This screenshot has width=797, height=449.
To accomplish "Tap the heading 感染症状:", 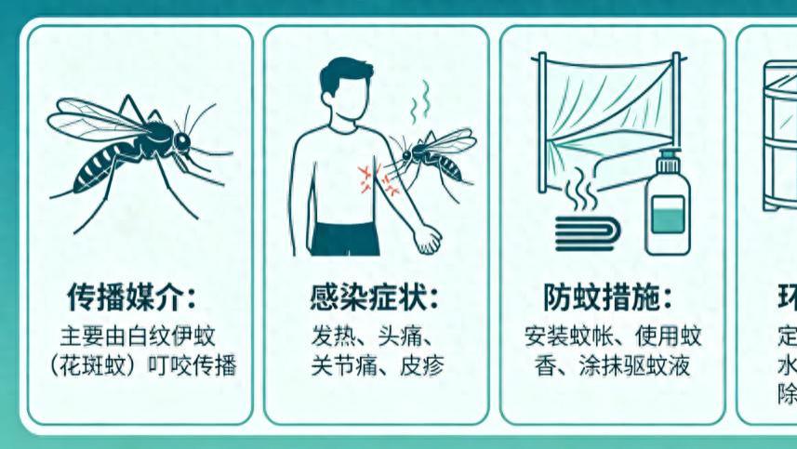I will (375, 298).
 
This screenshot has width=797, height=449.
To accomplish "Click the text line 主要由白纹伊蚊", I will (138, 335).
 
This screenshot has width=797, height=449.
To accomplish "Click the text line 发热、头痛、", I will (375, 335).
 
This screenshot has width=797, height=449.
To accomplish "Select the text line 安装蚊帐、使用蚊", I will (613, 335).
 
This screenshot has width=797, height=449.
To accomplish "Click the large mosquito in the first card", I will (139, 149).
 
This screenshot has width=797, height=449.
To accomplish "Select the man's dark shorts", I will (345, 237).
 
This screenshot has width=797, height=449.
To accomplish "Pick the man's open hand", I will (427, 239).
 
